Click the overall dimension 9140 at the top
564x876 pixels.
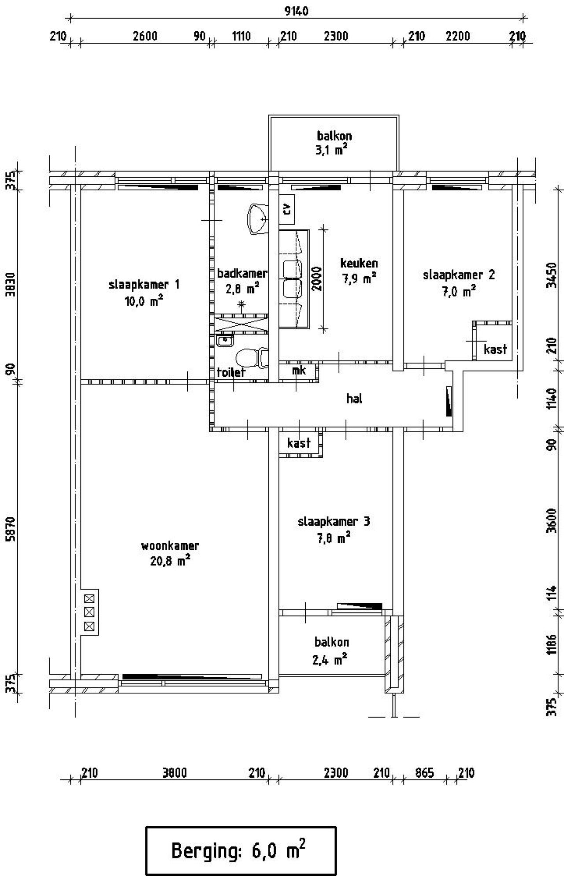click(x=296, y=11)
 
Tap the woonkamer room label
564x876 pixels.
click(x=170, y=546)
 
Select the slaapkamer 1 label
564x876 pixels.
click(x=144, y=284)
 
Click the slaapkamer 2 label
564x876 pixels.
click(x=458, y=275)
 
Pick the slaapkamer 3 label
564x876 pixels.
click(x=334, y=522)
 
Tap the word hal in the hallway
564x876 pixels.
click(x=354, y=399)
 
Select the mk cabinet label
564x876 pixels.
click(x=299, y=370)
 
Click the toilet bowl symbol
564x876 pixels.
click(x=251, y=357)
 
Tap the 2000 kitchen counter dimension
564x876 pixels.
click(x=317, y=278)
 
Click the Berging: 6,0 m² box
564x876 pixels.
click(x=241, y=850)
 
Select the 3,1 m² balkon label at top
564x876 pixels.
click(x=334, y=150)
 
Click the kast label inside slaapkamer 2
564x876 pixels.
click(x=495, y=349)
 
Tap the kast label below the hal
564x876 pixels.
click(x=299, y=442)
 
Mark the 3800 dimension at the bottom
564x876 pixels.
click(x=174, y=772)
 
